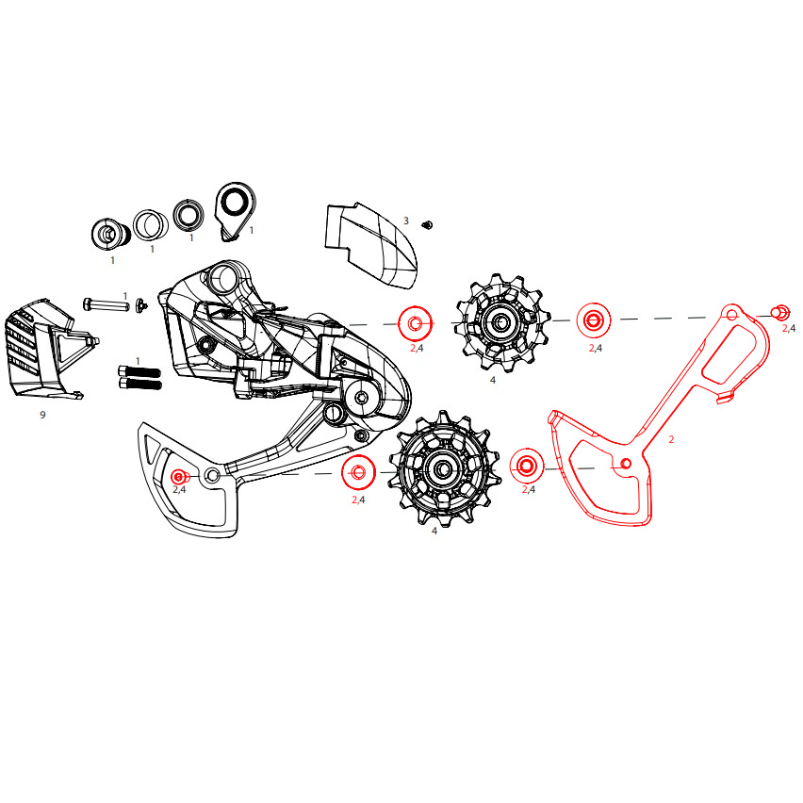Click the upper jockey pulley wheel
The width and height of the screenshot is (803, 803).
tap(502, 322)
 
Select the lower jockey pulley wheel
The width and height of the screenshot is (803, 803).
tap(444, 468)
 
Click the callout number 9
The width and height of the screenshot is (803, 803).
tap(42, 415)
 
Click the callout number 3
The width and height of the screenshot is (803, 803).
tap(406, 221)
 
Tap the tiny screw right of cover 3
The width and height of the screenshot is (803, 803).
tap(427, 224)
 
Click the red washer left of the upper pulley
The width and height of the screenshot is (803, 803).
tap(416, 323)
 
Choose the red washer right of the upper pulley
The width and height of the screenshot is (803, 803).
tap(594, 320)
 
